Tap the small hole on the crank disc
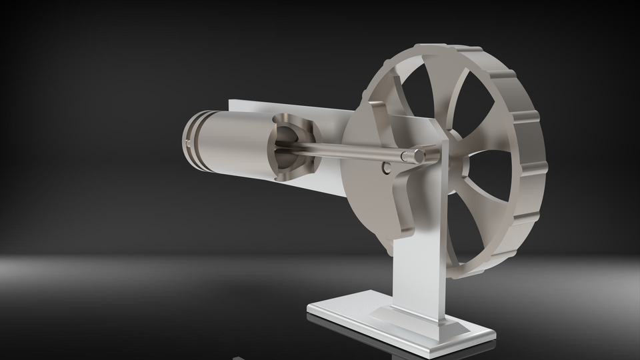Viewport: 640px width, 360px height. click(386, 168)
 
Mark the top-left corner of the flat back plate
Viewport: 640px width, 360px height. click(229, 101)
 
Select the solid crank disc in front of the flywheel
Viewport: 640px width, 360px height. click(373, 200)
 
